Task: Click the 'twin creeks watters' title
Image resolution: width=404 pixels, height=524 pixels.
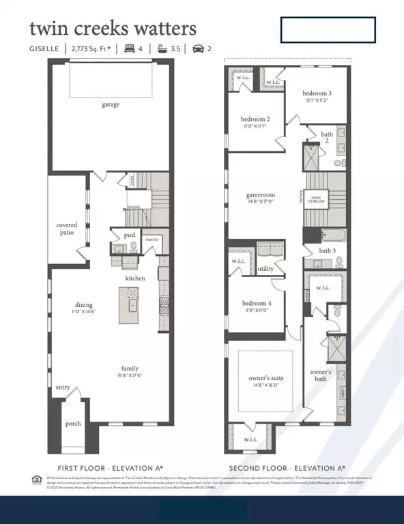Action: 113,29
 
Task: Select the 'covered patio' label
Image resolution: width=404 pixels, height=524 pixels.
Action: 67,229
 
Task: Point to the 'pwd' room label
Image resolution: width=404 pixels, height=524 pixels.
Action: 129,235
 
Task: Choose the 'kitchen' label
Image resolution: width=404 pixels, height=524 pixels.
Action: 134,278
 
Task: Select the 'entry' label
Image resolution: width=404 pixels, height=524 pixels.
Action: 63,388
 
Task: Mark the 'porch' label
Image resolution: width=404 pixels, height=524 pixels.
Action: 73,424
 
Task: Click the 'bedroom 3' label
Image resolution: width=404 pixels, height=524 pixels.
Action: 318,93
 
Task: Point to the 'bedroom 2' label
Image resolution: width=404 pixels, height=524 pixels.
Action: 253,118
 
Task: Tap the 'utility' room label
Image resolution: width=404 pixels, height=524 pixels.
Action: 265,269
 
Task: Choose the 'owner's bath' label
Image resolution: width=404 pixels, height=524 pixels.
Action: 321,375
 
